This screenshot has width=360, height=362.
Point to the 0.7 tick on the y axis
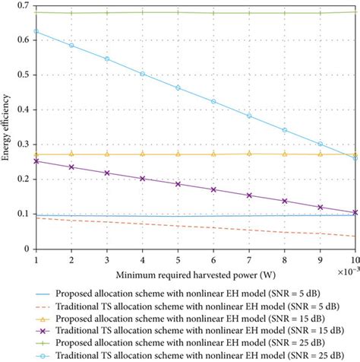(x=21, y=6)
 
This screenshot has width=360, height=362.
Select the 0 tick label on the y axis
(x=25, y=249)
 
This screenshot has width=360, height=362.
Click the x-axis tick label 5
(x=178, y=259)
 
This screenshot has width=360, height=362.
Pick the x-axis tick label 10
(x=354, y=259)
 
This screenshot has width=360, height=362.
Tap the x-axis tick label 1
(x=36, y=259)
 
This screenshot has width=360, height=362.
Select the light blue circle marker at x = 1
(x=36, y=31)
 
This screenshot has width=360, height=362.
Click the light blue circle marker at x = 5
(x=178, y=87)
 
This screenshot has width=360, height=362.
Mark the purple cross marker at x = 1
(x=36, y=161)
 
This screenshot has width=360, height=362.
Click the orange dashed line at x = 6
(x=213, y=227)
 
